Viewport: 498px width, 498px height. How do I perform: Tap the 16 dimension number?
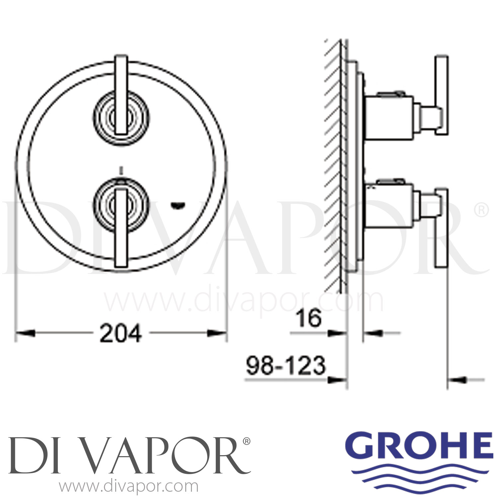(309, 318)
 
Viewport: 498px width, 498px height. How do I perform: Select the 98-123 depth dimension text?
(286, 366)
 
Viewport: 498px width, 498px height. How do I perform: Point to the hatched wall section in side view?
(334, 166)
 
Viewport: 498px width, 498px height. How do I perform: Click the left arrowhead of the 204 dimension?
(25, 333)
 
